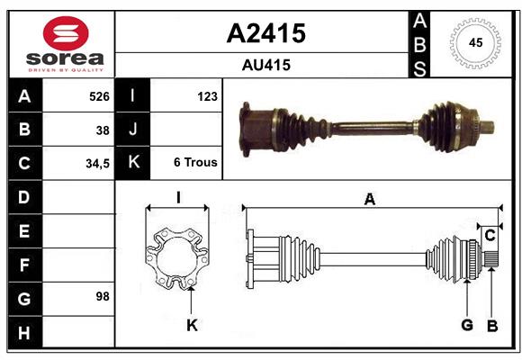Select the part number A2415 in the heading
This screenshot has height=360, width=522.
265,33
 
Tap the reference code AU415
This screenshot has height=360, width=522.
265,65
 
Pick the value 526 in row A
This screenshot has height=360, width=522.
98,95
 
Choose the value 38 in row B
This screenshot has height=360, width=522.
103,130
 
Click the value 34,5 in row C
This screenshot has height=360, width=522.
97,163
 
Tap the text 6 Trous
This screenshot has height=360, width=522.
195,163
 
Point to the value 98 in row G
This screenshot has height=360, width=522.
103,295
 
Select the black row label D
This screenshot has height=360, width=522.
23,196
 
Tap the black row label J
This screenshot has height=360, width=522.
133,130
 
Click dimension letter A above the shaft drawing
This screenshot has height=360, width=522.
369,200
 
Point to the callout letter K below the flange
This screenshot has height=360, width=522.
191,325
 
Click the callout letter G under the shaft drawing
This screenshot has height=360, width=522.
467,325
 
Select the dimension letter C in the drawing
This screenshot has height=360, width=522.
490,236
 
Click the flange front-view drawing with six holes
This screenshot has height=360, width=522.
178,258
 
